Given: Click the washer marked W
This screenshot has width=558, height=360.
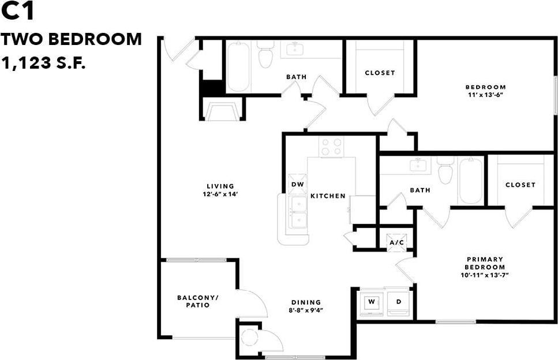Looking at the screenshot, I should click(371, 302).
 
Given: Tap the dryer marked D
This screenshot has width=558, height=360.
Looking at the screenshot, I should click(398, 302).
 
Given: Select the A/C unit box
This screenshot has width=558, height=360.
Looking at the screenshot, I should click(397, 242).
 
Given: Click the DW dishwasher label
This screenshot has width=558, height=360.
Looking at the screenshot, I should click(297, 185).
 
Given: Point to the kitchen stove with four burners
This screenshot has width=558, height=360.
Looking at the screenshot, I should click(331, 147).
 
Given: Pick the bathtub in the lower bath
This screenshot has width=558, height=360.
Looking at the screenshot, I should click(470, 180).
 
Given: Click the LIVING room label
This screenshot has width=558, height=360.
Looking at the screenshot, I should click(220, 186).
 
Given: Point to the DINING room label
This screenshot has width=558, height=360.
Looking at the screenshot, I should click(306, 302).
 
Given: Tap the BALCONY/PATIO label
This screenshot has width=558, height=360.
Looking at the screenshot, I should click(197, 301).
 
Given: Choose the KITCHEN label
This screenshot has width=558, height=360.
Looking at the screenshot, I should click(328, 196).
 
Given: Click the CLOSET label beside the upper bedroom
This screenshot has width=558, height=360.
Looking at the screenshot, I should click(380, 73).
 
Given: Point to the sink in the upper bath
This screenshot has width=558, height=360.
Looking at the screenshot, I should click(295, 48).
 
